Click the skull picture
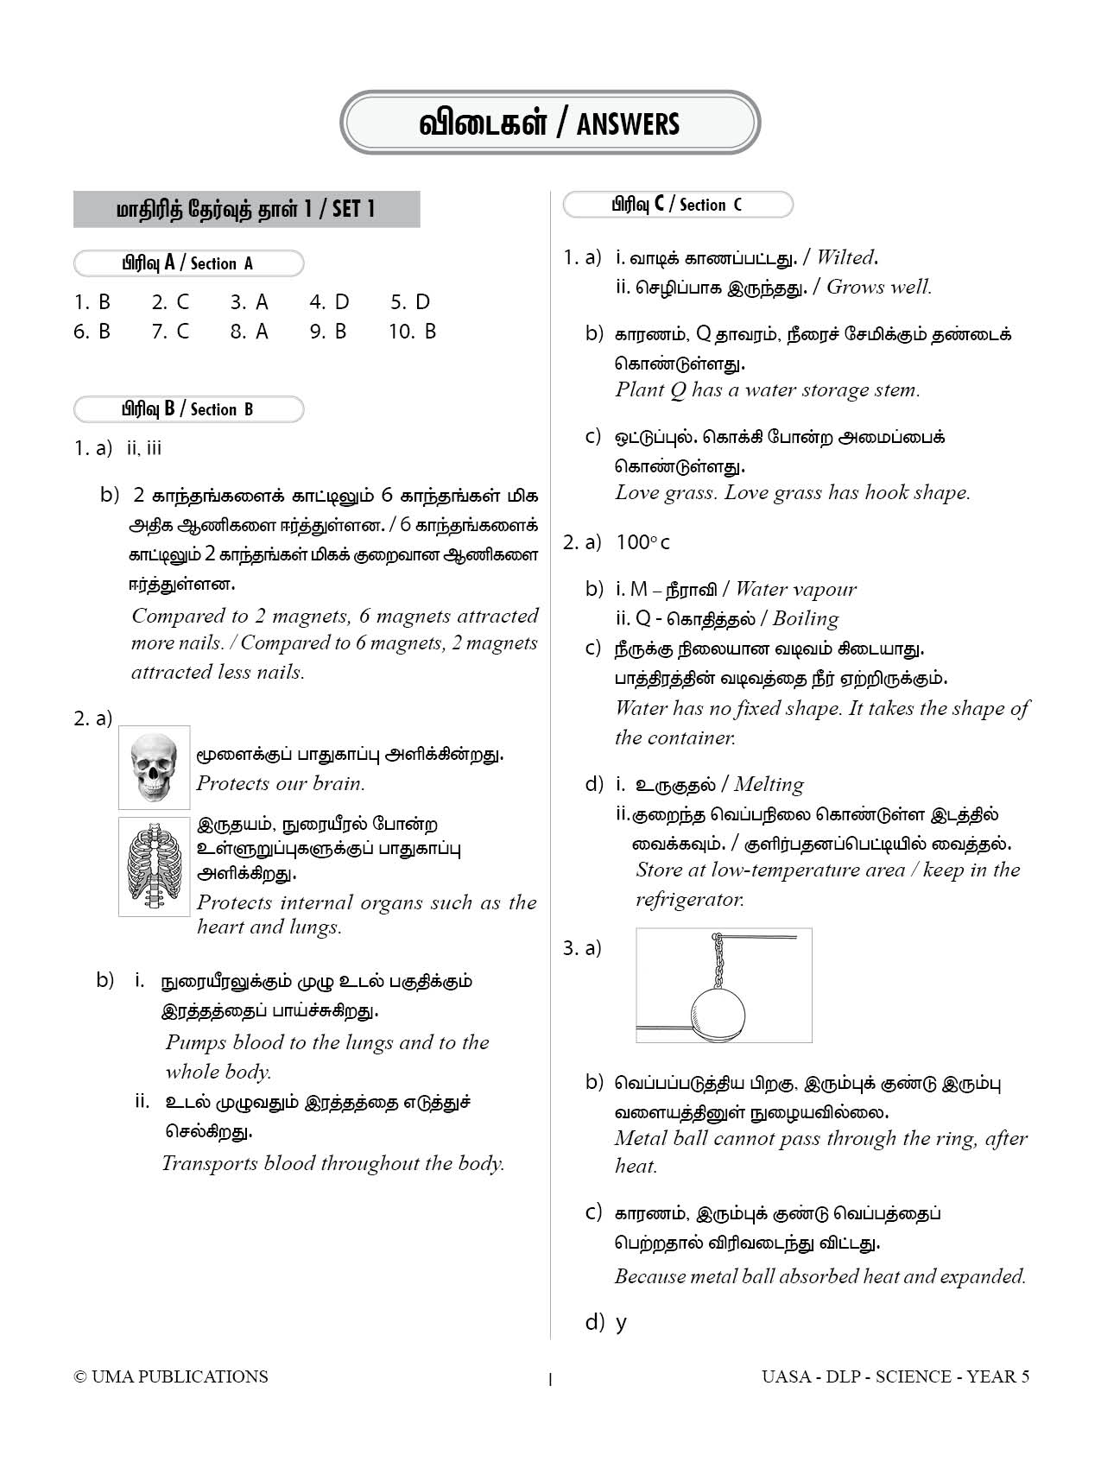pyautogui.click(x=154, y=767)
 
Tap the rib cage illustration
pyautogui.click(x=154, y=866)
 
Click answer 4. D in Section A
pyautogui.click(x=329, y=302)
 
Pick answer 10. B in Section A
pyautogui.click(x=413, y=332)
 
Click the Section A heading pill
pyautogui.click(x=188, y=263)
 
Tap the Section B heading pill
pyautogui.click(x=188, y=409)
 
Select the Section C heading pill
pyautogui.click(x=677, y=205)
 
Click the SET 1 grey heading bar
pyautogui.click(x=246, y=209)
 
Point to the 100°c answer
pyautogui.click(x=642, y=542)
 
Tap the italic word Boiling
pyautogui.click(x=805, y=619)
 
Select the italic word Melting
pyautogui.click(x=768, y=785)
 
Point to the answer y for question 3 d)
pyautogui.click(x=621, y=1323)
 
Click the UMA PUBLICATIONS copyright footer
pyautogui.click(x=171, y=1376)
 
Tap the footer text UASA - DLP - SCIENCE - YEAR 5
pyautogui.click(x=895, y=1376)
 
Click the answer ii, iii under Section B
pyautogui.click(x=144, y=448)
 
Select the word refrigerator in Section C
pyautogui.click(x=690, y=900)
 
